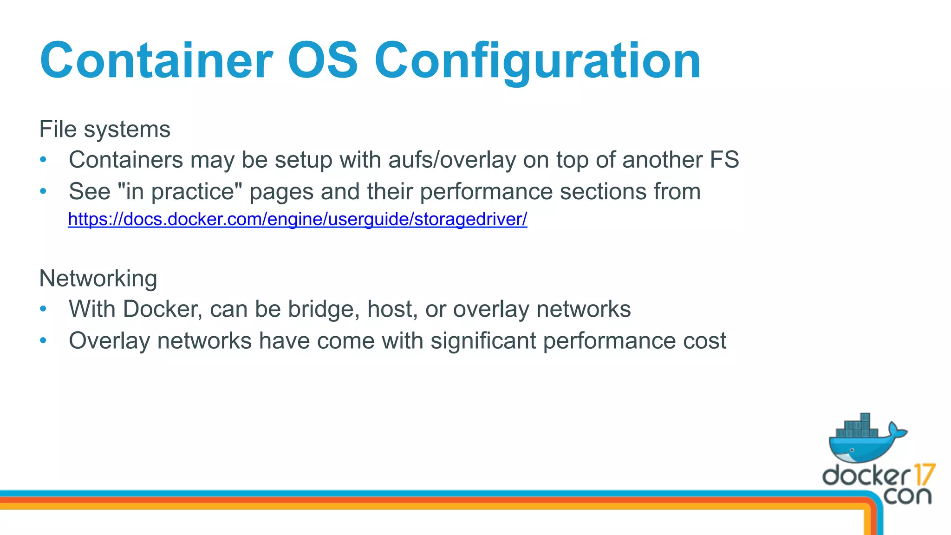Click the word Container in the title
(156, 61)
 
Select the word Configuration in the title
(537, 61)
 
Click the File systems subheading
(104, 129)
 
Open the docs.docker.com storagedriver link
(297, 219)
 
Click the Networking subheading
(98, 279)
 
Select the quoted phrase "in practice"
(180, 192)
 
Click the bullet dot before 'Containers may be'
(43, 160)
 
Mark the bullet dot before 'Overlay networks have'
(43, 341)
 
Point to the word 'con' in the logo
(907, 496)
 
